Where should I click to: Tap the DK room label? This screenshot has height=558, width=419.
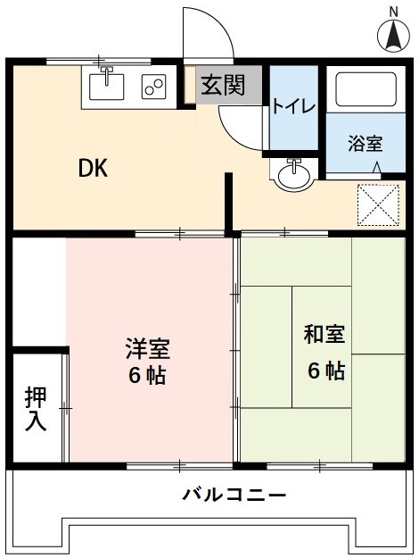(x=93, y=168)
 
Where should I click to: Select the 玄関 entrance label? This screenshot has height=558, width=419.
(x=221, y=87)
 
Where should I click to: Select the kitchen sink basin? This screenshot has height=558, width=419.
(x=106, y=88)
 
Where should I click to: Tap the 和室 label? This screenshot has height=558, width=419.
(x=325, y=337)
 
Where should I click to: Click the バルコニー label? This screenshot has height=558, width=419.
(x=234, y=494)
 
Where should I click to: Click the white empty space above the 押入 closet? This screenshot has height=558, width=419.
(x=38, y=289)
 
